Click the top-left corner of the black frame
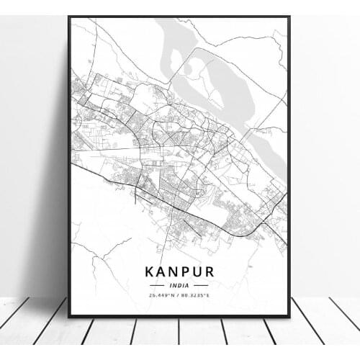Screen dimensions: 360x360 (x=69, y=17)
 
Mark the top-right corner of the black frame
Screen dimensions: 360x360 (x=289, y=17)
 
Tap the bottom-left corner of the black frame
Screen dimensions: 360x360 (x=69, y=316)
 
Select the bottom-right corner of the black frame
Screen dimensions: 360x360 (x=289, y=316)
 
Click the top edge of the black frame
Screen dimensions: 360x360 (x=180, y=17)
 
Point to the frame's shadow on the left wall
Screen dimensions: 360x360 (x=54, y=180)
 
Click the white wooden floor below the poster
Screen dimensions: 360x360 (x=180, y=338)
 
